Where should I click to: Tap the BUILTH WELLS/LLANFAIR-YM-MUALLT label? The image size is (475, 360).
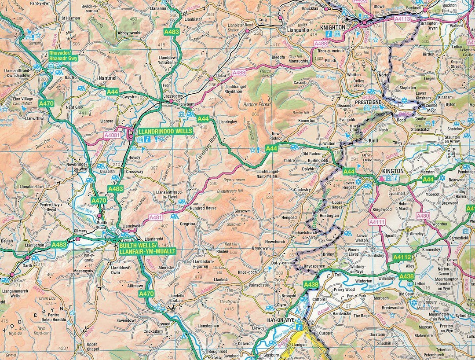[147, 248]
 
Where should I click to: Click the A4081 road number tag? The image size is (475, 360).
[112, 136]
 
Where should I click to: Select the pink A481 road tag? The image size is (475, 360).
[156, 217]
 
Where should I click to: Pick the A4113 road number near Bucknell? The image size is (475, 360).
[402, 19]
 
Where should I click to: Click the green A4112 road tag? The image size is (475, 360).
[402, 257]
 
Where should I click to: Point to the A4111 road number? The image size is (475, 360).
[377, 223]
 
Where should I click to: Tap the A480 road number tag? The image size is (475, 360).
[423, 216]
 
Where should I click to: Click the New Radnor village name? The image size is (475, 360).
[276, 136]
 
